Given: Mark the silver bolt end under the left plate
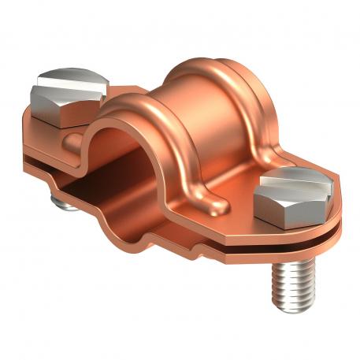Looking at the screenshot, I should point(63,202).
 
